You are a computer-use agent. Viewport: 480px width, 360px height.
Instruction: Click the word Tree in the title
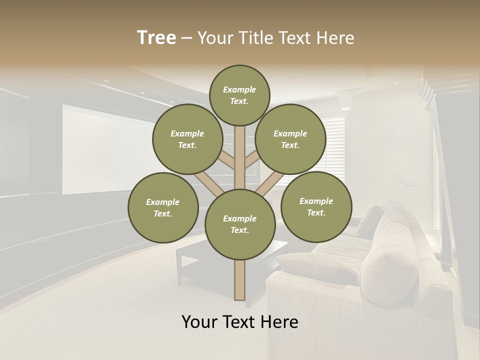click(x=156, y=37)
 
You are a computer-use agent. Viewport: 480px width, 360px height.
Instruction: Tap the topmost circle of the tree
click(x=239, y=95)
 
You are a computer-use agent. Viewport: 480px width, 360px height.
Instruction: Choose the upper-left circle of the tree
click(x=187, y=139)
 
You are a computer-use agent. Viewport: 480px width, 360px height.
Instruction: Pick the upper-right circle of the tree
click(x=290, y=139)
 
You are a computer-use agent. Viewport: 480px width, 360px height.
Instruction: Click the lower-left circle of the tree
click(x=163, y=207)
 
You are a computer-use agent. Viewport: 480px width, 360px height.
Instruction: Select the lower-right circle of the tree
click(x=316, y=206)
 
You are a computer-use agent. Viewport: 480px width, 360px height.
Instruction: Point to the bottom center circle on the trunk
click(x=240, y=224)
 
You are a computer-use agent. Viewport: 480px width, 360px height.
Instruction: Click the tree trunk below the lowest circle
click(x=240, y=280)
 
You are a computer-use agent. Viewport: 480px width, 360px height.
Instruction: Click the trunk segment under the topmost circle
click(x=240, y=150)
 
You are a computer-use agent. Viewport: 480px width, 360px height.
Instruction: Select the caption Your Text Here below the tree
click(x=240, y=322)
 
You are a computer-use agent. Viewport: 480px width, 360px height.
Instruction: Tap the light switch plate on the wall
click(x=399, y=176)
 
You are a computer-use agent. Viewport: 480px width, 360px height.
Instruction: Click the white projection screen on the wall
click(x=100, y=150)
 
